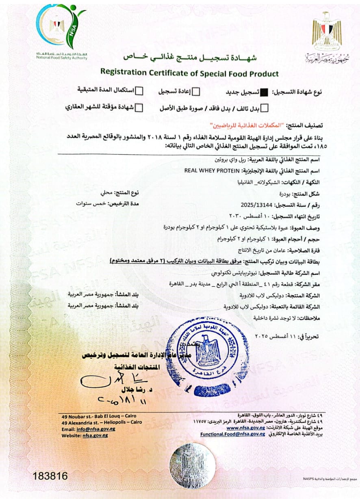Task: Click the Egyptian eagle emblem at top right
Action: point(327,32)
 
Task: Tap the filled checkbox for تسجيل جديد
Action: point(264,92)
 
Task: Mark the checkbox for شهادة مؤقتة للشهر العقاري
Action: point(139,108)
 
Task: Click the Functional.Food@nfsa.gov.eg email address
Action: point(232,434)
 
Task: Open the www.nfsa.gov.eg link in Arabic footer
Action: point(245,428)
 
